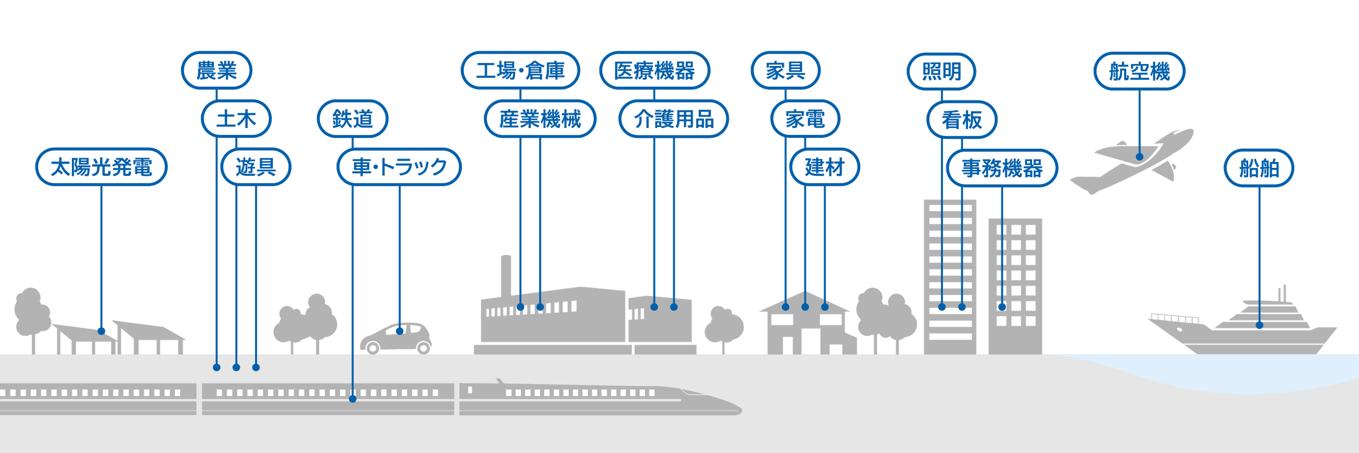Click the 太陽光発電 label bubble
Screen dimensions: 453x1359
[x=101, y=166]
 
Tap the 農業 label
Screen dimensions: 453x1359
[x=216, y=70]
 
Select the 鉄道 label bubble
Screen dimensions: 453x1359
[x=353, y=119]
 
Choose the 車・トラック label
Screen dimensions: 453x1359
[x=399, y=166]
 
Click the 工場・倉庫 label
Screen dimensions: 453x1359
[x=520, y=70]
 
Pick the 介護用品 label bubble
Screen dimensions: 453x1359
[x=674, y=119]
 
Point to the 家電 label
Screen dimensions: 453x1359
[x=805, y=119]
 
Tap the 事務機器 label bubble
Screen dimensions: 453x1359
[x=1002, y=168]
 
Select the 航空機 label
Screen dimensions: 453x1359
[x=1139, y=71]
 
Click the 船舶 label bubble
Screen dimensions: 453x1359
[x=1259, y=168]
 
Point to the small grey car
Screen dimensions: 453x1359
[x=396, y=339]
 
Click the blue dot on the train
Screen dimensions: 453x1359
[x=353, y=399]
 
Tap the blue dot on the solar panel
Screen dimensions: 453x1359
[x=101, y=331]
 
